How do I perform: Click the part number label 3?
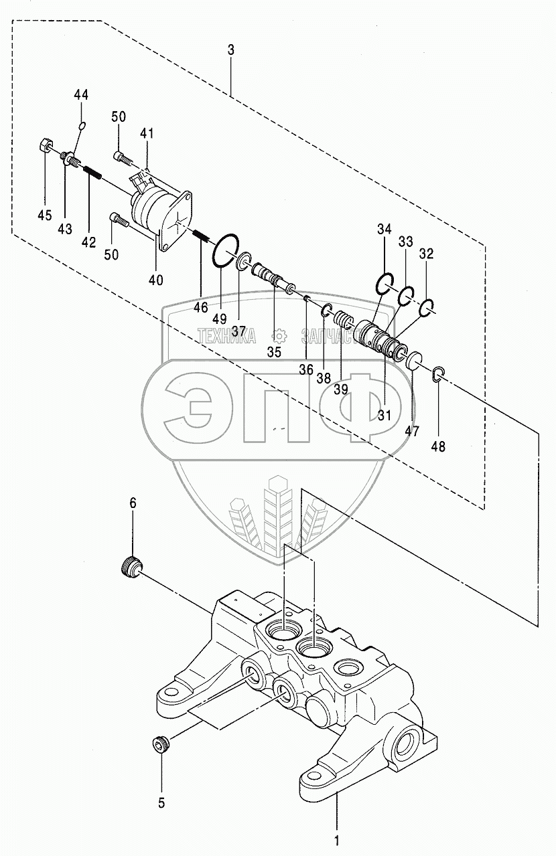[x=231, y=50]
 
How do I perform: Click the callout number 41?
[x=147, y=133]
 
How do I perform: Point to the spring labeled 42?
[x=93, y=173]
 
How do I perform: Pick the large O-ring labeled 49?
[x=224, y=250]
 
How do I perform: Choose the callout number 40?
[x=155, y=280]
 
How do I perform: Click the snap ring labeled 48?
[x=439, y=375]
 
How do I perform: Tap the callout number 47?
[x=413, y=432]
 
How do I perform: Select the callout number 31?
[x=384, y=415]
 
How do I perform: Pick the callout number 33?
[x=406, y=242]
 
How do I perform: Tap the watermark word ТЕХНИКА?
[x=226, y=337]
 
